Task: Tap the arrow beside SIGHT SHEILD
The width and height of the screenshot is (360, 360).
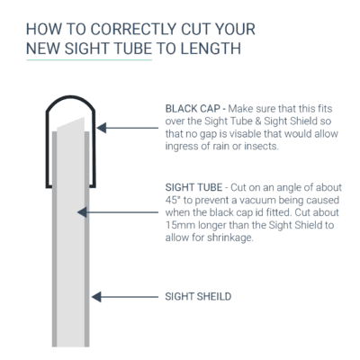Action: [x=122, y=295]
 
